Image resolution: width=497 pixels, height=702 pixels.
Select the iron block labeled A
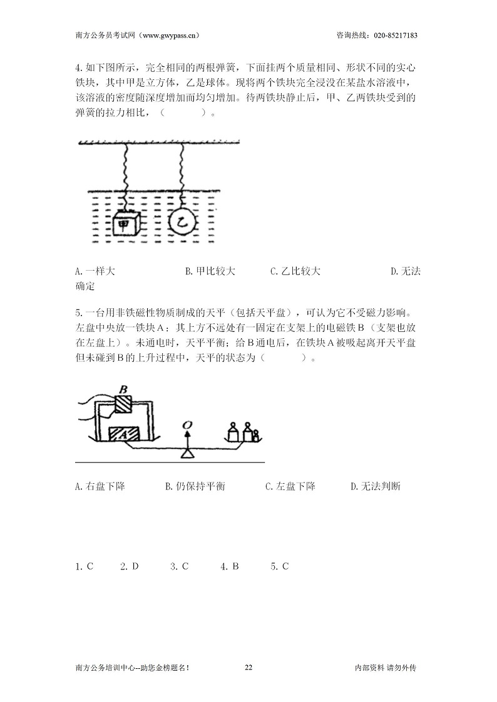click(124, 434)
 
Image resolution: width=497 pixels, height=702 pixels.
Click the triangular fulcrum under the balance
click(187, 454)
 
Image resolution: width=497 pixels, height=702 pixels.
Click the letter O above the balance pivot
click(187, 425)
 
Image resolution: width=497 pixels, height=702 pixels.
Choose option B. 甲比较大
click(210, 271)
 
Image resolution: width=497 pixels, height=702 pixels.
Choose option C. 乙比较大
click(295, 271)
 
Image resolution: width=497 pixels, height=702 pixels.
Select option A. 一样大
click(95, 271)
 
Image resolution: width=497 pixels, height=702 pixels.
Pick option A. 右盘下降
click(100, 486)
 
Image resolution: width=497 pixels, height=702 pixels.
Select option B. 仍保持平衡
click(195, 486)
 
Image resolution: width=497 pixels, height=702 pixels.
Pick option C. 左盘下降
click(290, 486)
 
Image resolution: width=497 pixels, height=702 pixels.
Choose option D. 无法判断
click(376, 486)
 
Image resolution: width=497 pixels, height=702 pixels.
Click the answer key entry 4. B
click(230, 567)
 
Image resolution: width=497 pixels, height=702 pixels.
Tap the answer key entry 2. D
click(130, 567)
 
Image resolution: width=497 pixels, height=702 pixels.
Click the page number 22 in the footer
click(248, 668)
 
